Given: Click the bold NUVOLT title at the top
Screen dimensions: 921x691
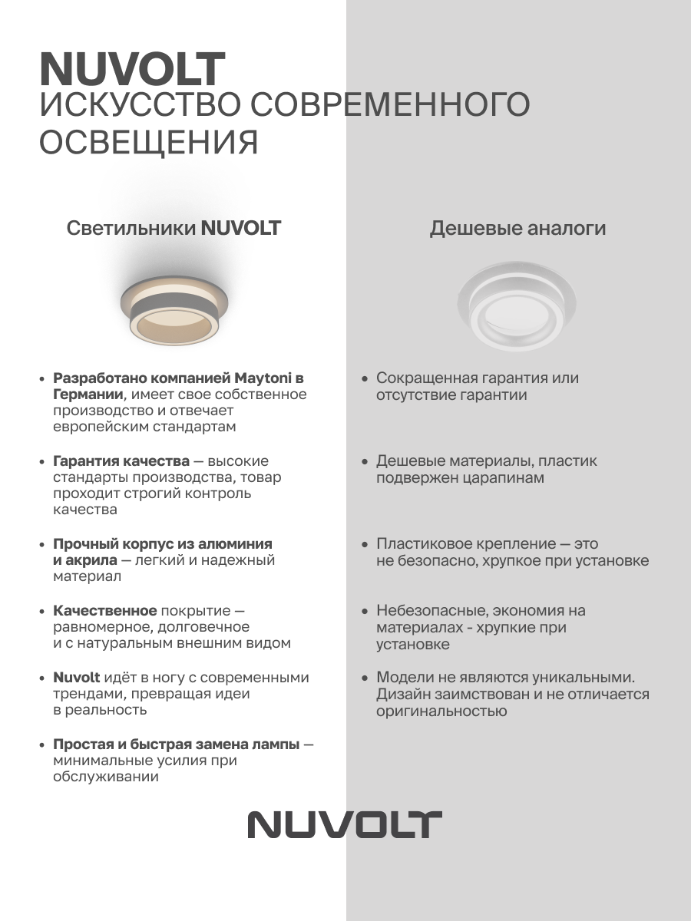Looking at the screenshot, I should [x=132, y=70].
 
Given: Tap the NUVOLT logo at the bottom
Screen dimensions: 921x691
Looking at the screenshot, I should [x=345, y=824].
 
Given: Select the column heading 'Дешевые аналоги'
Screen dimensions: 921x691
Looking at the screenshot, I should [x=517, y=228].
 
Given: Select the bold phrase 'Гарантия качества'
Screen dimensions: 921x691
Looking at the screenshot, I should [x=121, y=461].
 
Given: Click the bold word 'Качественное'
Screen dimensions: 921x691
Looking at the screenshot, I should [x=104, y=611].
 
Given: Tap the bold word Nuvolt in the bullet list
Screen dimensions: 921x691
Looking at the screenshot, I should [x=77, y=678].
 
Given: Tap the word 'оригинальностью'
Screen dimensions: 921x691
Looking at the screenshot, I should [x=441, y=711].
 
